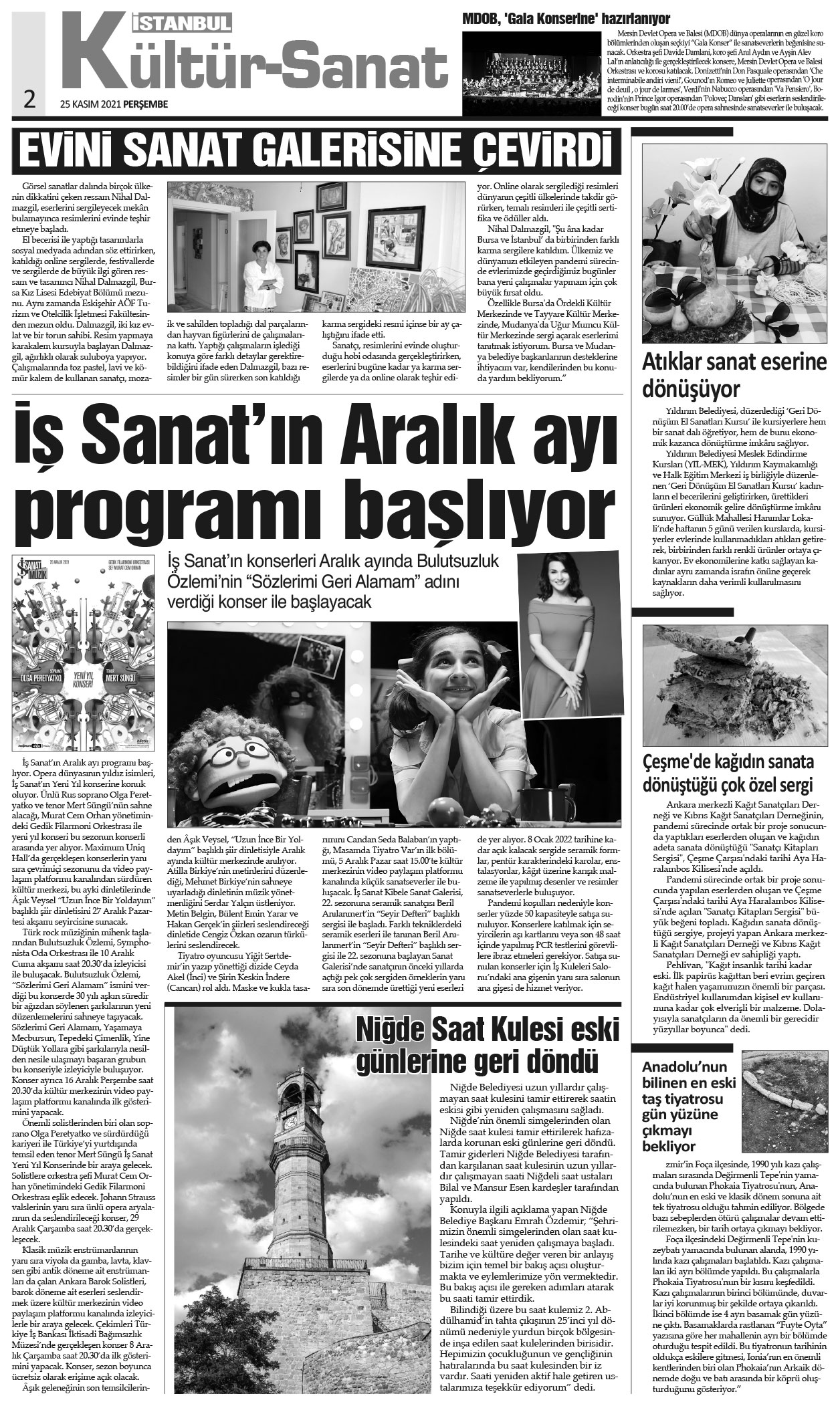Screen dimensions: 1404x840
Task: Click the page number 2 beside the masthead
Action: pos(29,98)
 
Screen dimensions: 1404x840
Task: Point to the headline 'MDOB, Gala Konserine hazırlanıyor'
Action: pos(566,17)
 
